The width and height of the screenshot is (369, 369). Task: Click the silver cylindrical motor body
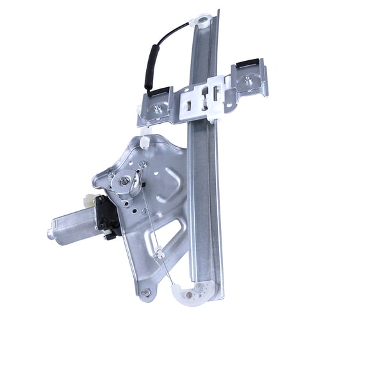click(x=74, y=226)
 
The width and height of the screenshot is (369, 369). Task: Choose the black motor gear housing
click(x=108, y=215)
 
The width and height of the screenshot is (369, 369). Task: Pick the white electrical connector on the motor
click(x=90, y=201)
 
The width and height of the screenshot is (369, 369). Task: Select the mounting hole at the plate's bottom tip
click(x=146, y=293)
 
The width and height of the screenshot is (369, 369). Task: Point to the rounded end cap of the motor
click(x=51, y=234)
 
